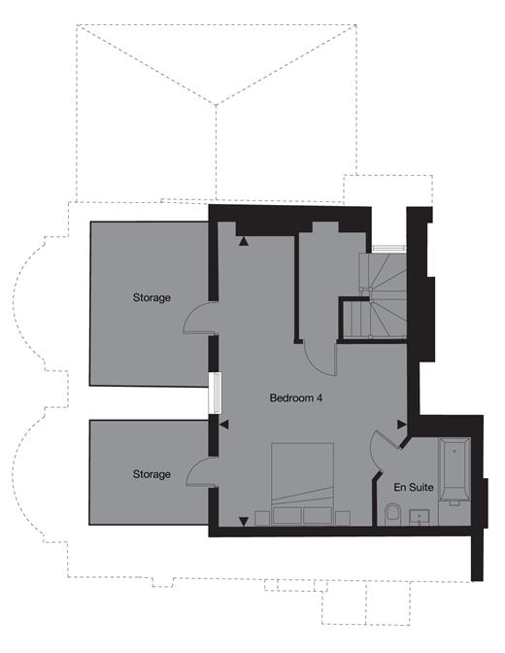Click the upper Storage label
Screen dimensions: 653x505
(x=151, y=297)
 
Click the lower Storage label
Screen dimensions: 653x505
(x=151, y=474)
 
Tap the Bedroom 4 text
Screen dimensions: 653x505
(x=295, y=398)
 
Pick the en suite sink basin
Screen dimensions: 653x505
(x=420, y=515)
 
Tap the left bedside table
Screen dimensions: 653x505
(x=261, y=515)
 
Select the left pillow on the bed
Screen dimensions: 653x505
(x=288, y=513)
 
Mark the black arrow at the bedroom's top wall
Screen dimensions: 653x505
(x=245, y=240)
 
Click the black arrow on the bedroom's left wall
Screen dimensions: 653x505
(x=223, y=425)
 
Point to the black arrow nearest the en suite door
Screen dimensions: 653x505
(x=401, y=424)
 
